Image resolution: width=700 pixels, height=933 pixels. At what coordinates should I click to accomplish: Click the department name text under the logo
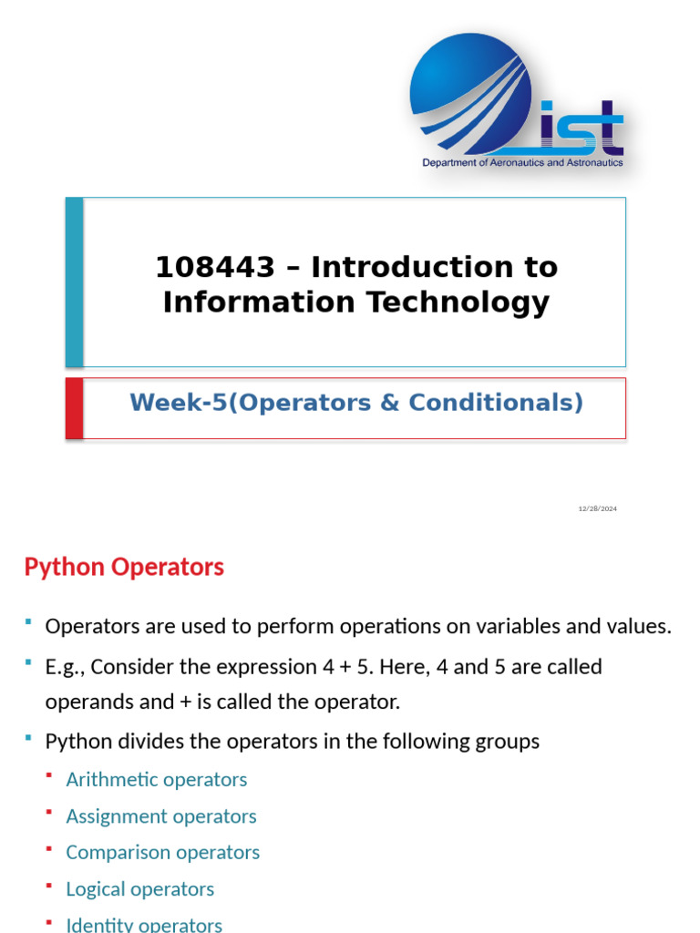click(x=522, y=163)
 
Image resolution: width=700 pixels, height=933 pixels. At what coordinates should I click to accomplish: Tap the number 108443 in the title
click(x=214, y=268)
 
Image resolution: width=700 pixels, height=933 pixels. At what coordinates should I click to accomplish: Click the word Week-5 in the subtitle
click(x=178, y=402)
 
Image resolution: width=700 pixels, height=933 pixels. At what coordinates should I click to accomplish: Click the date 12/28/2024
click(x=597, y=508)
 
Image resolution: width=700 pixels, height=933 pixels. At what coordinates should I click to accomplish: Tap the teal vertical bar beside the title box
click(x=74, y=282)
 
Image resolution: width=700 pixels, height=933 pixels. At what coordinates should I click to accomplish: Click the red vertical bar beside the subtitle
click(x=74, y=408)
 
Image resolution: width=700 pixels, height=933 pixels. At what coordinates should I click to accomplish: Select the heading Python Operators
click(x=124, y=567)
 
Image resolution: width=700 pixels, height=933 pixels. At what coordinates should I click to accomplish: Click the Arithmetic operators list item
click(x=157, y=779)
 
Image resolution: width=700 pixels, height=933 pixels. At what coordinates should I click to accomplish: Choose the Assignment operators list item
click(x=161, y=816)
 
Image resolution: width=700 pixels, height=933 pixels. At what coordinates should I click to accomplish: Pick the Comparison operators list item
click(x=163, y=853)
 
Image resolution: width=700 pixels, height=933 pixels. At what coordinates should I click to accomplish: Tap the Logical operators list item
click(x=140, y=889)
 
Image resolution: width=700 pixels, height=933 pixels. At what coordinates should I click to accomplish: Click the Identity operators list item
click(x=144, y=925)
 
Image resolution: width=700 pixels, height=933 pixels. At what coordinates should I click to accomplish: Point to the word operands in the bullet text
click(x=84, y=702)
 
